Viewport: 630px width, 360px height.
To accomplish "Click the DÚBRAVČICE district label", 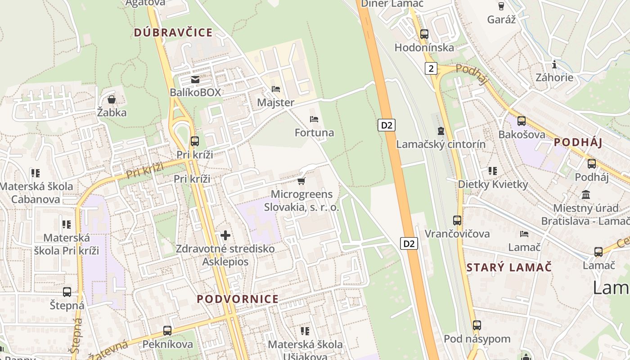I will pos(173,32).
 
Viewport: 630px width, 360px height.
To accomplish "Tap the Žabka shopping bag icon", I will pos(112,99).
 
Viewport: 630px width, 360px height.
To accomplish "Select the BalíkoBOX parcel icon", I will pos(195,80).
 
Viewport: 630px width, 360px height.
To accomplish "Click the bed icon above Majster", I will pos(276,89).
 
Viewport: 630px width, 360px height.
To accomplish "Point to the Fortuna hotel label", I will pos(314,132).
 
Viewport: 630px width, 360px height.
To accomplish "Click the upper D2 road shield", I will pos(387,125).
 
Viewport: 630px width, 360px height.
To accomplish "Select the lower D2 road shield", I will pos(409,243).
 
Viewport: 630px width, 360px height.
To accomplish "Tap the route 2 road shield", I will pos(431,68).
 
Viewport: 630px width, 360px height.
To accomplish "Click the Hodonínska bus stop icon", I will pos(424,34).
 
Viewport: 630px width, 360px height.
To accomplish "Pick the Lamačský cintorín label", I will pos(441,144).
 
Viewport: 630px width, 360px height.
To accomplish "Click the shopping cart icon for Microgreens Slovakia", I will pos(301,181).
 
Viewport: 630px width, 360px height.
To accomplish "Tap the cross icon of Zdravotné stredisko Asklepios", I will pos(225,235).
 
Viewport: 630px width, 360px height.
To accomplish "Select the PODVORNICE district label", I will pos(238,299).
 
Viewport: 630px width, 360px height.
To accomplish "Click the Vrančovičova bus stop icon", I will pos(457,220).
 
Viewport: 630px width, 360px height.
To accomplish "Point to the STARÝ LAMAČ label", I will pos(509,267).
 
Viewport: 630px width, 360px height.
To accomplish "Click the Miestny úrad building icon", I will pos(586,195).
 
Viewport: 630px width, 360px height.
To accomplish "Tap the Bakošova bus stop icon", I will pos(522,121).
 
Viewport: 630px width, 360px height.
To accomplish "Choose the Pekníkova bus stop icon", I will pos(167,331).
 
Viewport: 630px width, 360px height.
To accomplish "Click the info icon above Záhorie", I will pos(554,64).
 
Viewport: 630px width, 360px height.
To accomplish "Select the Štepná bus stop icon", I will pos(67,292).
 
